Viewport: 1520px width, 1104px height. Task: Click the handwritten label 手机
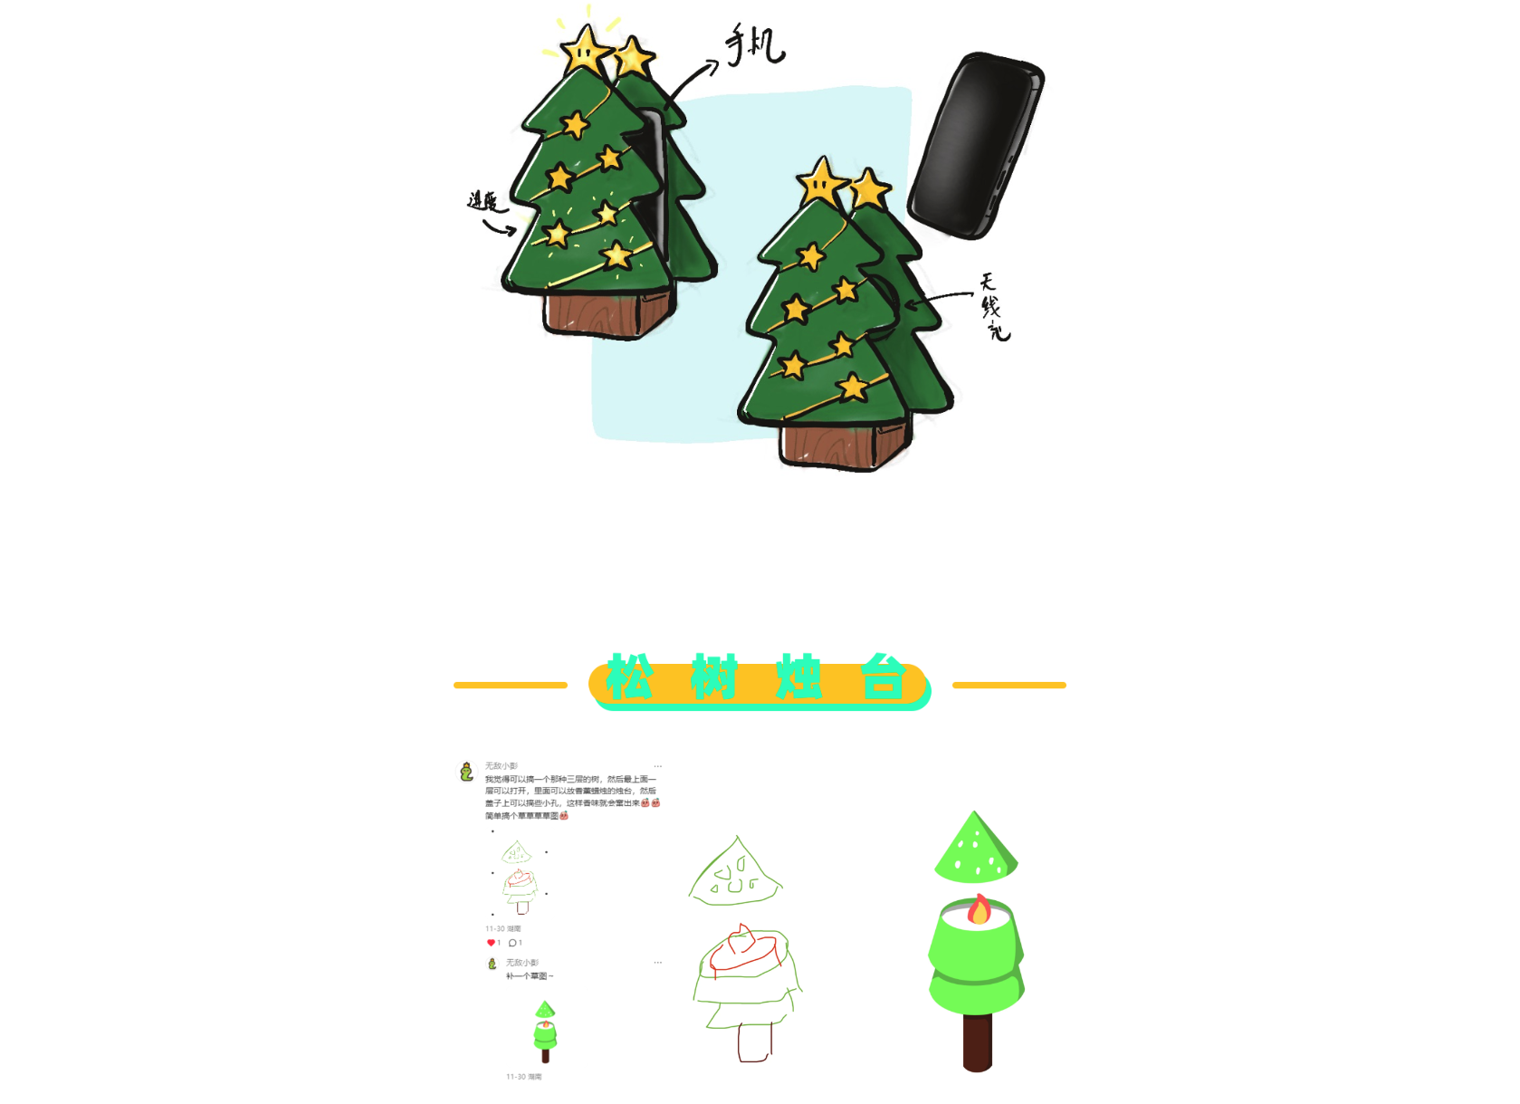point(754,44)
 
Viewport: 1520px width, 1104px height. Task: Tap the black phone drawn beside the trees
point(976,145)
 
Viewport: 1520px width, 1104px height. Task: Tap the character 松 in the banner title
point(629,677)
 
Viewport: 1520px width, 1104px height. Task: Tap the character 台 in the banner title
point(883,677)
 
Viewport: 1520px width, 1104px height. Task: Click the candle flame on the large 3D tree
point(979,909)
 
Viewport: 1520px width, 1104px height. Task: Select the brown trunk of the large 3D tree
point(977,1042)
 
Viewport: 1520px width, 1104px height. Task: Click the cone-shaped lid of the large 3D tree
point(975,850)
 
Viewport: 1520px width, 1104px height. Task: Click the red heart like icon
point(491,943)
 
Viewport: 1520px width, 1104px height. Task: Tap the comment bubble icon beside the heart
point(512,943)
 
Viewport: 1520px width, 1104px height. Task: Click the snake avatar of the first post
point(466,772)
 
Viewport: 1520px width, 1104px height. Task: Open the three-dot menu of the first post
point(658,766)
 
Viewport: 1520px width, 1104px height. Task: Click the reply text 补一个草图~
point(530,976)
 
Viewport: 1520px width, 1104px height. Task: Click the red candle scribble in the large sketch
point(742,949)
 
